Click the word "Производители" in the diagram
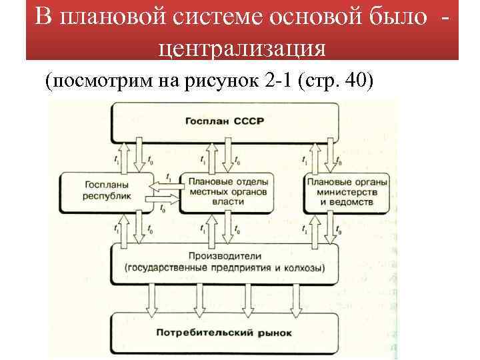click(x=224, y=257)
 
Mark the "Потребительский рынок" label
click(x=224, y=332)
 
